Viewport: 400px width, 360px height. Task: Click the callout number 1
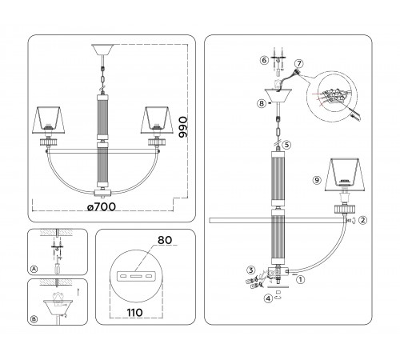(301, 280)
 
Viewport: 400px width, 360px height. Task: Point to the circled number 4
(267, 299)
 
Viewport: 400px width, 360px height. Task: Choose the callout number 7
(298, 63)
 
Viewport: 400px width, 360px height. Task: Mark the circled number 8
(261, 103)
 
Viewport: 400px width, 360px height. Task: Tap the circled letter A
(33, 269)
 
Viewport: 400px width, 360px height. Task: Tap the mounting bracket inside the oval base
(134, 276)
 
